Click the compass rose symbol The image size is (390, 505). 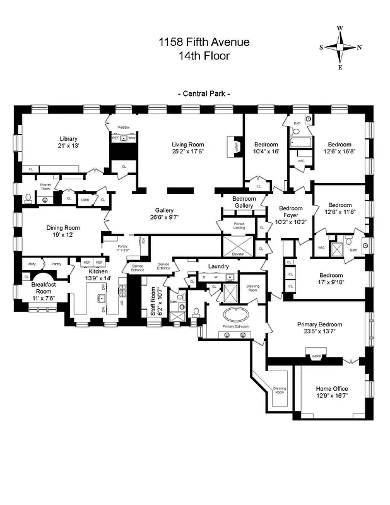pos(340,47)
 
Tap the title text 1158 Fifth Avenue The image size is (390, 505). pos(204,42)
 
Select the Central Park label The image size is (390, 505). pos(204,93)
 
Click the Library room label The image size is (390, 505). pos(68,139)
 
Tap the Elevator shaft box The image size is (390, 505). pos(237,244)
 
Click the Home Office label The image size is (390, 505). pos(331,388)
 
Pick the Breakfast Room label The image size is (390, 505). pos(44,287)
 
